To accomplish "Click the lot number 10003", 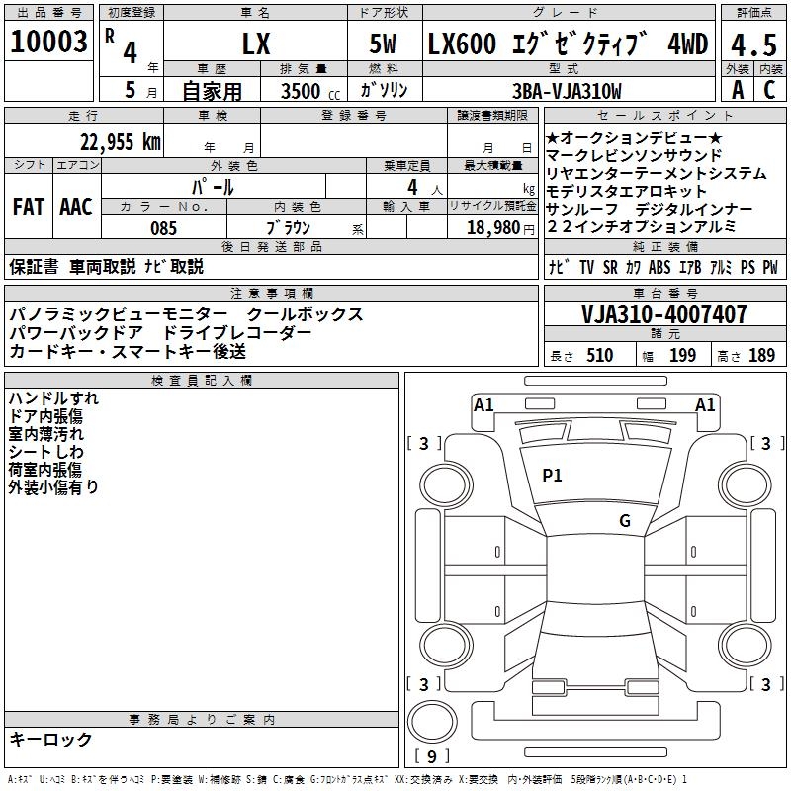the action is click(49, 43).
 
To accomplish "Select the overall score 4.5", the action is click(754, 44).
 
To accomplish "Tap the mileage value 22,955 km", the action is click(121, 141).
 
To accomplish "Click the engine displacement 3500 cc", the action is click(301, 91).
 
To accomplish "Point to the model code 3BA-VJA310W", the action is click(568, 91).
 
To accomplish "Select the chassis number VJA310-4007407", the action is click(664, 315).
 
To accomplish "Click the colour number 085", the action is click(163, 228).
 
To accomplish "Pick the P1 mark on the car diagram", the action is click(552, 476).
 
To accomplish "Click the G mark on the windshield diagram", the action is click(624, 521).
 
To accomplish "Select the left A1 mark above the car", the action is click(483, 405).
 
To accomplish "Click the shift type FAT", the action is click(29, 207).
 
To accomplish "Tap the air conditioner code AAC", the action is click(76, 207).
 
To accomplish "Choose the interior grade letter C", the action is click(769, 90).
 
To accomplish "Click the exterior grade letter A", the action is click(738, 90).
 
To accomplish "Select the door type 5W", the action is click(384, 44).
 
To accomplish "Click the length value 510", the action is click(600, 356).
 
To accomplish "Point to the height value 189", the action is click(762, 356).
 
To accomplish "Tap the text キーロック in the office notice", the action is click(50, 740).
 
